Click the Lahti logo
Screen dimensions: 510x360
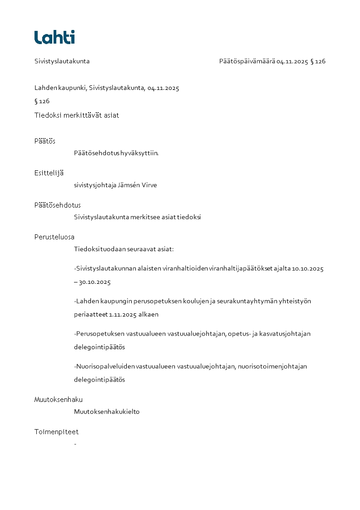pos(54,37)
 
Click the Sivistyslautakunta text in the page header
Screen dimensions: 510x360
pos(62,61)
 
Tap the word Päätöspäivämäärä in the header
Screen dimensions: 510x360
pos(247,61)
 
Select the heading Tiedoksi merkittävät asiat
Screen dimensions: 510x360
pos(77,115)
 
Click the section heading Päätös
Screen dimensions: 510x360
pos(44,141)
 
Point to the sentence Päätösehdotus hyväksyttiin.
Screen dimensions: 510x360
pos(116,153)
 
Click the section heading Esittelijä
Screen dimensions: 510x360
pos(49,173)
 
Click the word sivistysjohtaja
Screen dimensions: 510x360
pos(95,185)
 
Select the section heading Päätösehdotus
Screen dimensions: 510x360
pos(57,205)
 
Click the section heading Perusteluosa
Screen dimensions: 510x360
pos(54,237)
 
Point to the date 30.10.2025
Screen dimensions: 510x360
pos(95,282)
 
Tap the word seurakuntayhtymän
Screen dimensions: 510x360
pos(249,301)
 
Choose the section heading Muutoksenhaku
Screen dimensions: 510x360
pos(58,400)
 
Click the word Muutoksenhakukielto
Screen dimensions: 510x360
pos(107,412)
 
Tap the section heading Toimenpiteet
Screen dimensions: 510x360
pos(56,432)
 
